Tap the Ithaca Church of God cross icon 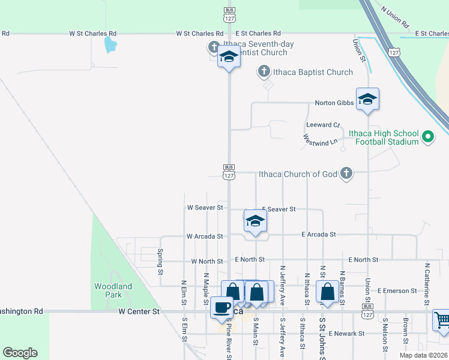pyautogui.click(x=346, y=174)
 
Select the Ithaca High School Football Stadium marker pyautogui.click(x=428, y=137)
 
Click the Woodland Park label pyautogui.click(x=113, y=290)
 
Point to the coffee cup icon pyautogui.click(x=221, y=307)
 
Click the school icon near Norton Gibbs pyautogui.click(x=367, y=100)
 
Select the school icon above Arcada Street pyautogui.click(x=255, y=222)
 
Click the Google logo pyautogui.click(x=20, y=353)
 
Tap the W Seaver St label pyautogui.click(x=205, y=208)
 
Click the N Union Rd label pyautogui.click(x=395, y=17)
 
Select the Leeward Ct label pyautogui.click(x=323, y=125)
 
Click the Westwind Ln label pyautogui.click(x=317, y=141)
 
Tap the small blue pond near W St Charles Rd pyautogui.click(x=110, y=44)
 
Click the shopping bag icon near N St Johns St pyautogui.click(x=328, y=292)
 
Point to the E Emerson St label pyautogui.click(x=397, y=290)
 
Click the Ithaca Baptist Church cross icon pyautogui.click(x=264, y=72)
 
